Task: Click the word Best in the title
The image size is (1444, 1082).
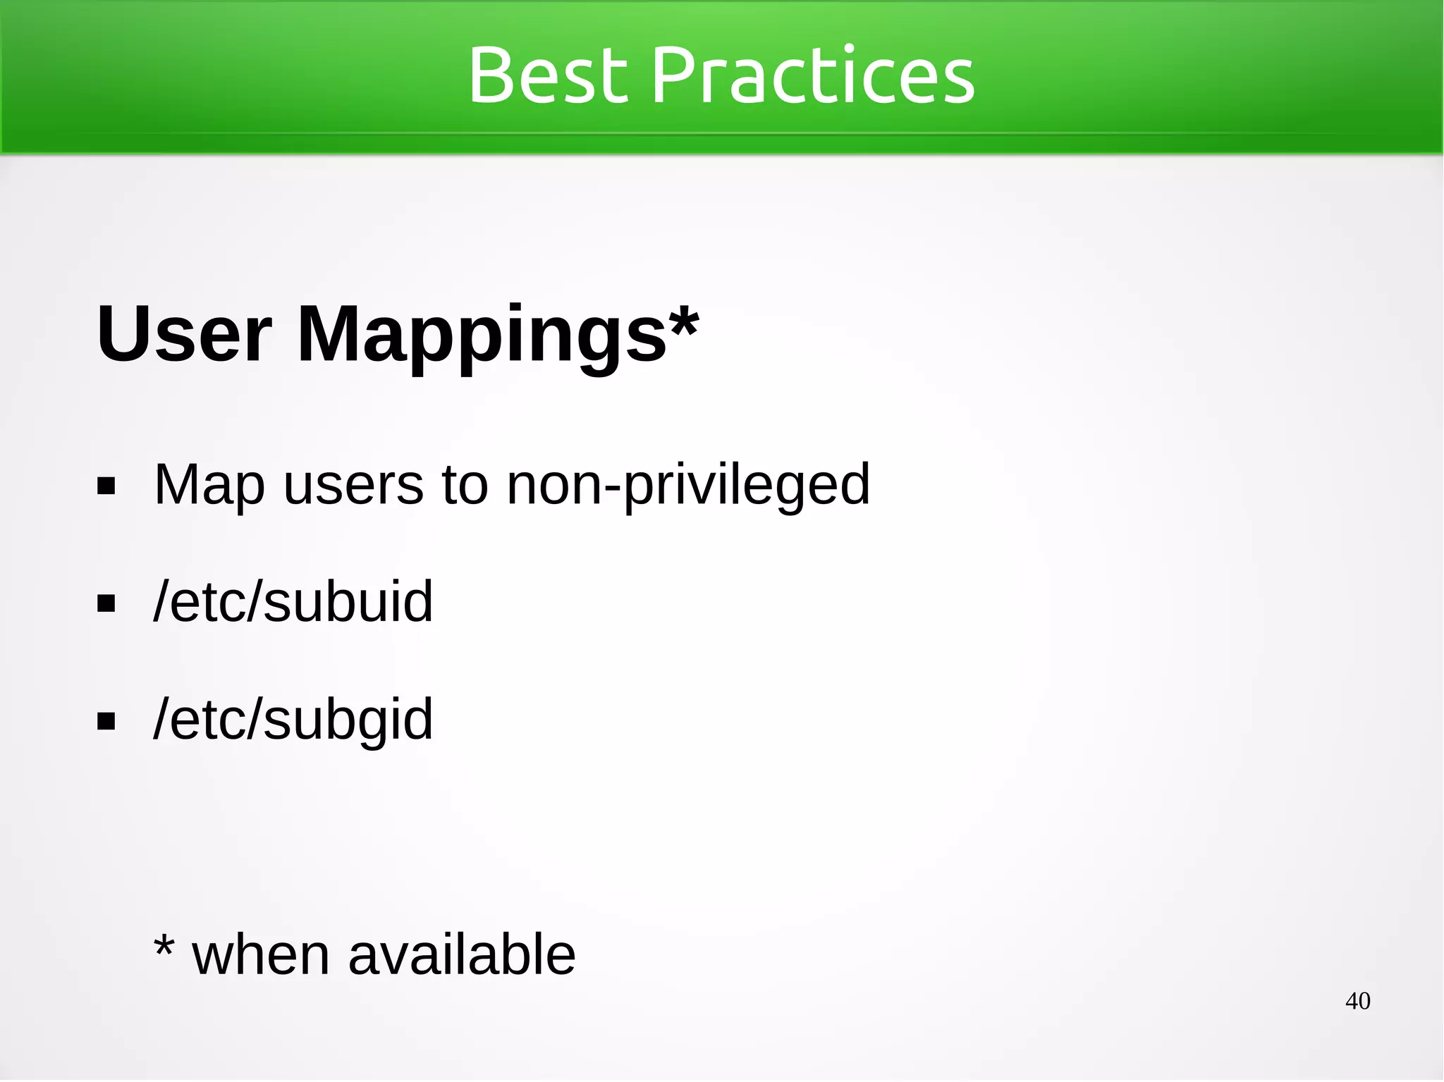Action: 548,74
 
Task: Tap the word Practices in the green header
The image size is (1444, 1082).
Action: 814,74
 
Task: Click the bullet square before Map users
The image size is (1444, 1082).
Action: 106,486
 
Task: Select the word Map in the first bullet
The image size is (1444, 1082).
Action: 209,485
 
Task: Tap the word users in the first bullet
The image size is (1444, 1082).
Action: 354,485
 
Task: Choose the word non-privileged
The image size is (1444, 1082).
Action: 689,485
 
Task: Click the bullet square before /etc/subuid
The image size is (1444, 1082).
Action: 106,604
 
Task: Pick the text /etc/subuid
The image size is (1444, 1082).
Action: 293,602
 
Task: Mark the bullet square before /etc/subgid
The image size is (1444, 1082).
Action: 106,721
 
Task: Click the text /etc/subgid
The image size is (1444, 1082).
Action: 293,720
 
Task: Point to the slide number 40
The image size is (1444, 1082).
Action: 1357,1001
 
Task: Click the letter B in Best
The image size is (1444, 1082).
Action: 491,74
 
